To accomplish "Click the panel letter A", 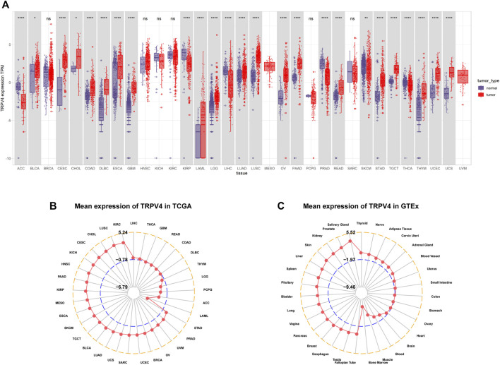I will click(5, 4).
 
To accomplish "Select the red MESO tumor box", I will click(269, 66).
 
